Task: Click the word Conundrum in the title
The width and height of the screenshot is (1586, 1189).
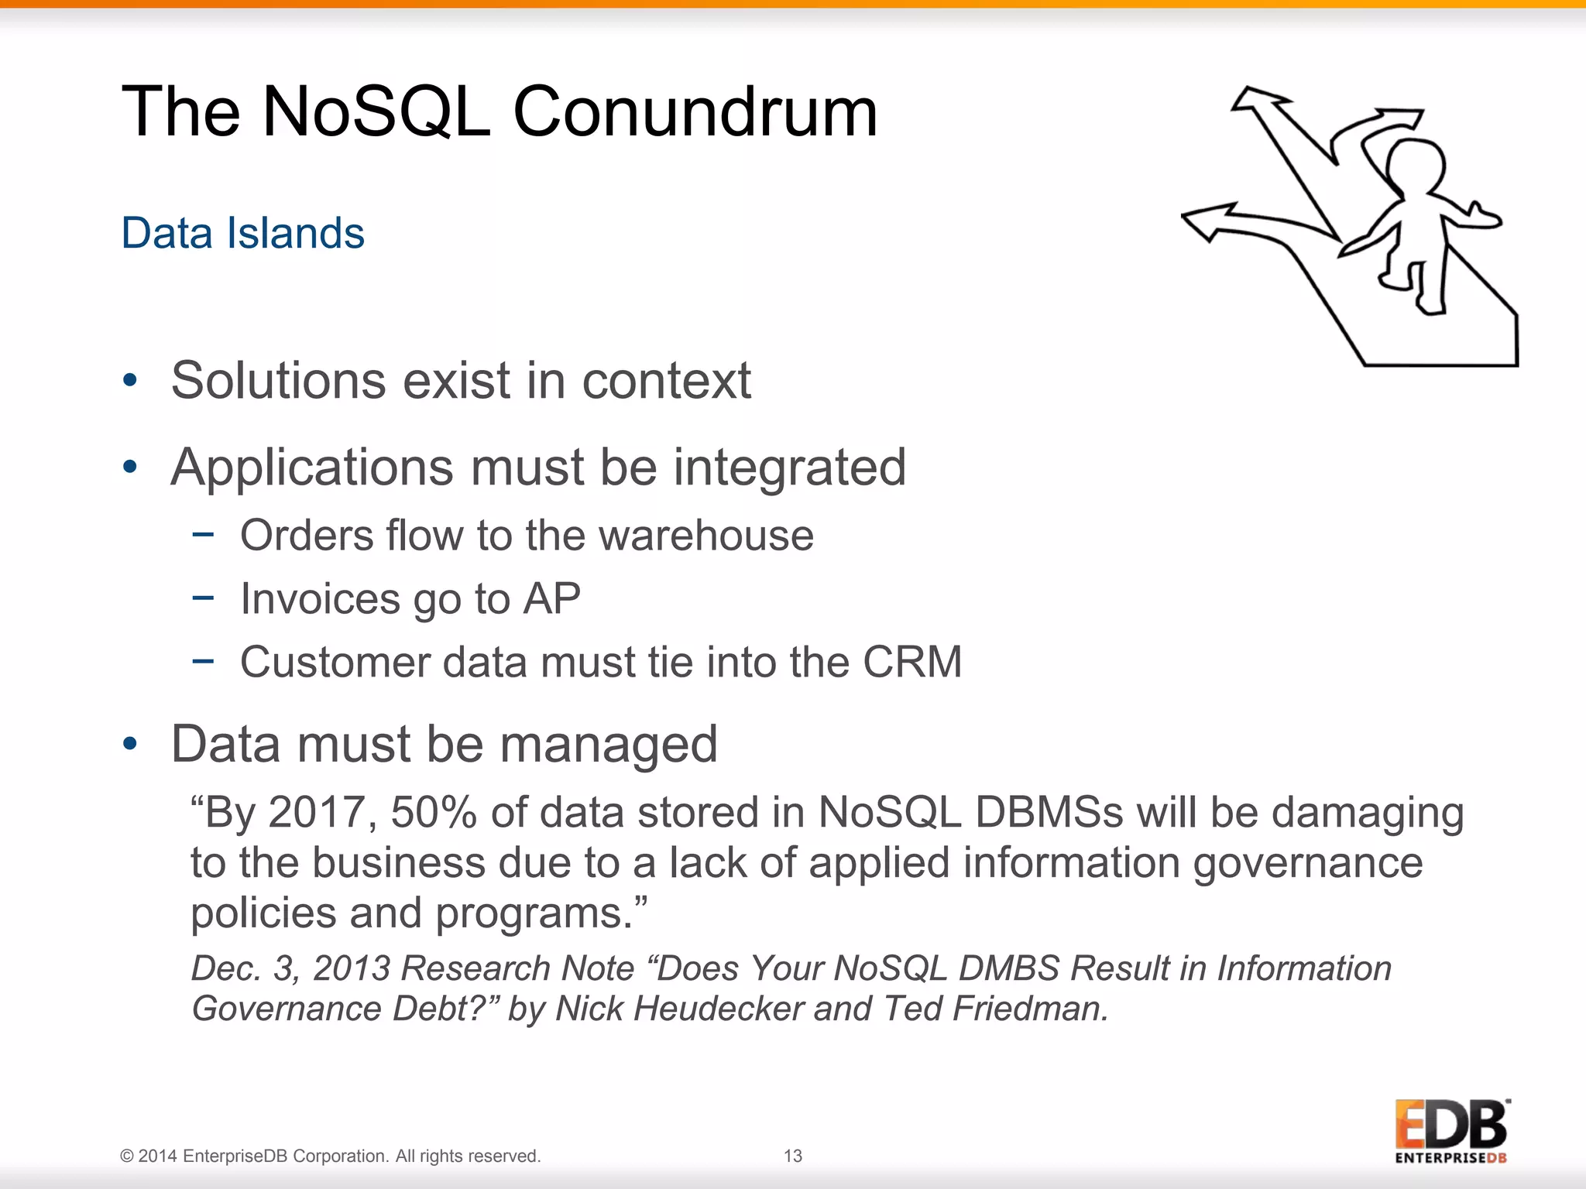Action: click(x=695, y=112)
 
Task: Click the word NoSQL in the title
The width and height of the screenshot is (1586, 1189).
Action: click(x=376, y=112)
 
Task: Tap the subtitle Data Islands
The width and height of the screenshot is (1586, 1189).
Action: click(x=242, y=233)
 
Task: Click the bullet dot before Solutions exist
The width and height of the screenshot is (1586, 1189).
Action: click(x=130, y=380)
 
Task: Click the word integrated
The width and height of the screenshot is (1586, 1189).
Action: click(x=789, y=468)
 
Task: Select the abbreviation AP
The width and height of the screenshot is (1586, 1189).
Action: click(x=551, y=598)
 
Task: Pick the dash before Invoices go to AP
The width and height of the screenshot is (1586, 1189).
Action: click(x=203, y=597)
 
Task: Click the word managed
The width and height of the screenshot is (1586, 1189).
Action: click(x=609, y=744)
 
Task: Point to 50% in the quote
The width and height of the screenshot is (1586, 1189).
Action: click(x=434, y=813)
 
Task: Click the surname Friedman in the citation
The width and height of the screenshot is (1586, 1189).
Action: click(x=1029, y=1009)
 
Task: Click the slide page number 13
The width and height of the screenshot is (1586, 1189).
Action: click(x=792, y=1156)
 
